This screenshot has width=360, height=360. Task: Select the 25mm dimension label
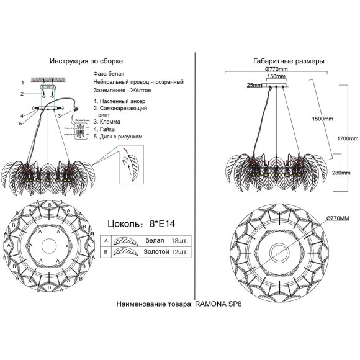click(x=254, y=85)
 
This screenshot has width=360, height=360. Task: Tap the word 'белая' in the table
click(x=155, y=240)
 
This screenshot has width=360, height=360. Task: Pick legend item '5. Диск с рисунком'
click(x=119, y=135)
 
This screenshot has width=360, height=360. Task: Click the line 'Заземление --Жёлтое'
click(x=121, y=90)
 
